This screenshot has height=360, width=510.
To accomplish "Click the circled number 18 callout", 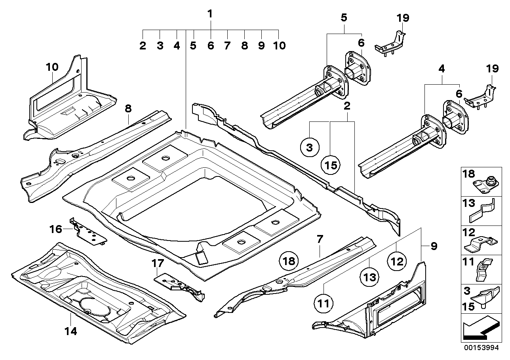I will (x=289, y=261).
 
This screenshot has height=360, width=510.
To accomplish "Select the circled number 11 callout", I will (x=324, y=304).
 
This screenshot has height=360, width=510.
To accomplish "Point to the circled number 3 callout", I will (x=310, y=148).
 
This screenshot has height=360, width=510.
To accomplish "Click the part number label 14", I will (x=72, y=331).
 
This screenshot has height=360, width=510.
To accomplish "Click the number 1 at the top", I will (x=210, y=14).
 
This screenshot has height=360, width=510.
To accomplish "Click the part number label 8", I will (x=128, y=108).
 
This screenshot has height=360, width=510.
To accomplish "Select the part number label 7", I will (x=320, y=239).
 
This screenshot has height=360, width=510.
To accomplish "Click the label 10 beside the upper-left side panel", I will (x=52, y=67).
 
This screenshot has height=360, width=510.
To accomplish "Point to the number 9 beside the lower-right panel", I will (x=434, y=246).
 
